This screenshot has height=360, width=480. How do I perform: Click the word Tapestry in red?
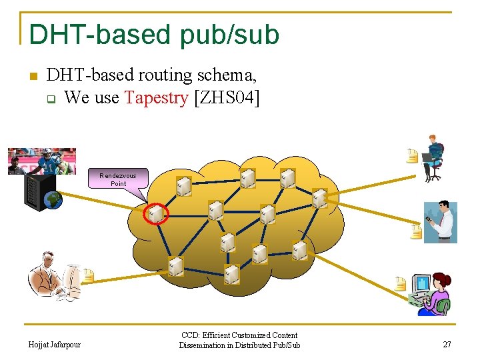pos(156,98)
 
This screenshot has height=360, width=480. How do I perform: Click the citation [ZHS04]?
pos(226,98)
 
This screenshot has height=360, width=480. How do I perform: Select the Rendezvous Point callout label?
pos(118,179)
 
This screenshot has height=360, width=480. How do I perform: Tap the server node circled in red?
pos(156,213)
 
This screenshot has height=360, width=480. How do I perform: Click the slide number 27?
pos(447,345)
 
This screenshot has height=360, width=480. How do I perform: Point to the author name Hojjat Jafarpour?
pos(55,345)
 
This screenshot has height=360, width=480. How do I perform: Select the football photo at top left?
pos(41,161)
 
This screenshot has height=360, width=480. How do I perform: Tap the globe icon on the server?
pos(53,199)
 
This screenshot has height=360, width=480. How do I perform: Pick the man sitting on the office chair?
pos(433,157)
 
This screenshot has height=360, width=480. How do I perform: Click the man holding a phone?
pos(442,221)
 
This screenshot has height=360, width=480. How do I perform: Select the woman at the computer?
pos(431,293)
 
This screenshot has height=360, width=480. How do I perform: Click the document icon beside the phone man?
pos(416,231)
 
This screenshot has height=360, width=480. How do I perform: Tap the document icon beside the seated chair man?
pos(413,156)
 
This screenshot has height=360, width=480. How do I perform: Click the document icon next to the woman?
pos(400,283)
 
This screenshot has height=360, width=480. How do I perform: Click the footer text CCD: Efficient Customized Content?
pos(239,335)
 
